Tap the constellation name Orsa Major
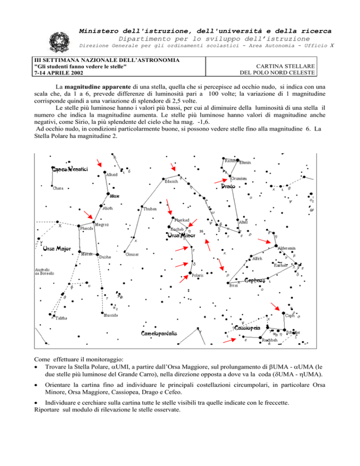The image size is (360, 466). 57,249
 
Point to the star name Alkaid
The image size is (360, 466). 112,174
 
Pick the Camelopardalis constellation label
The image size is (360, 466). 159,333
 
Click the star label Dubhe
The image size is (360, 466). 105,257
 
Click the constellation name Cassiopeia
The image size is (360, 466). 247,328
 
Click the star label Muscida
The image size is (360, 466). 111,316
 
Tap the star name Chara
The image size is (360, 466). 58,189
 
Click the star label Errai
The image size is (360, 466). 234,285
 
